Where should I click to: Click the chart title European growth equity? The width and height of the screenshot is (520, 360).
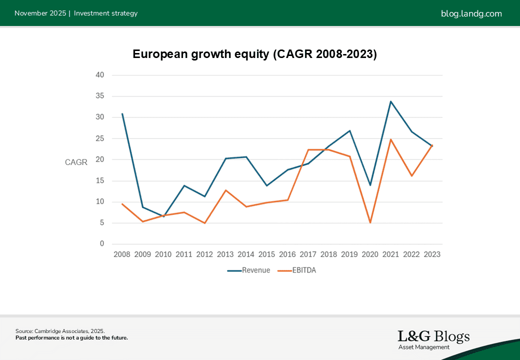click(254, 54)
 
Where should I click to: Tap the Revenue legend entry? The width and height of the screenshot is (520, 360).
click(248, 270)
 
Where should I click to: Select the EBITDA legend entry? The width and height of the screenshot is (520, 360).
click(297, 270)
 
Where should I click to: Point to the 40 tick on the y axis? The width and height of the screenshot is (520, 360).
click(100, 75)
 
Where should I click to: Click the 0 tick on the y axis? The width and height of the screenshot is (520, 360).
click(102, 244)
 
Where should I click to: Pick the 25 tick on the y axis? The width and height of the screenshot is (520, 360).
click(100, 138)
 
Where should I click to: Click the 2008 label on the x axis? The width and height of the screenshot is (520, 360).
click(122, 254)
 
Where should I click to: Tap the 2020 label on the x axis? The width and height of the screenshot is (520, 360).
click(370, 254)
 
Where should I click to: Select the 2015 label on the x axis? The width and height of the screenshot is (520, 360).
click(266, 254)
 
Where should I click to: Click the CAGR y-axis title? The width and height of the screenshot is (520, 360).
click(76, 162)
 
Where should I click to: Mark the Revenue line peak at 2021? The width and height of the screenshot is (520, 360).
click(390, 101)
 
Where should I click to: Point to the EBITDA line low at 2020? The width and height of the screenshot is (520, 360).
click(370, 222)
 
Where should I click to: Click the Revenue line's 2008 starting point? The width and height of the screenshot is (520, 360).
click(122, 114)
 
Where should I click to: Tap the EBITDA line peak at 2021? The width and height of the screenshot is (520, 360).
click(390, 139)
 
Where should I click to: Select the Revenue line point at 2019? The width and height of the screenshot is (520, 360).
click(349, 131)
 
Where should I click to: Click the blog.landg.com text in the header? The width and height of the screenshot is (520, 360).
click(471, 13)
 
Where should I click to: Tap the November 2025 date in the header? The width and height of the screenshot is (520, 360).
click(40, 13)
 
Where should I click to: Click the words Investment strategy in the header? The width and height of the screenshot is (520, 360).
click(105, 13)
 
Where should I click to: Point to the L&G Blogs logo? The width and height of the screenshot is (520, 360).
click(433, 339)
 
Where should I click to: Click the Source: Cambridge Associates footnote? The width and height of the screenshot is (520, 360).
click(60, 331)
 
